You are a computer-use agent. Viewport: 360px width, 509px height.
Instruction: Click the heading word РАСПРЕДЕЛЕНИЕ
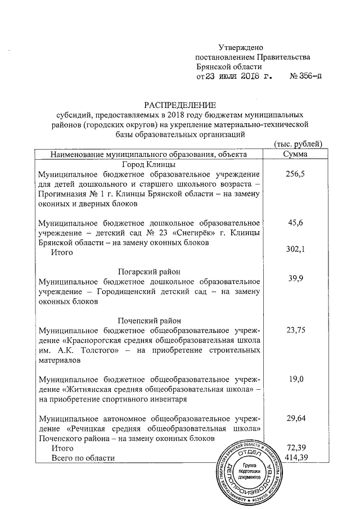click(x=180, y=105)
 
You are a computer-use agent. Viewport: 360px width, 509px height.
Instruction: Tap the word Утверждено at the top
click(x=241, y=47)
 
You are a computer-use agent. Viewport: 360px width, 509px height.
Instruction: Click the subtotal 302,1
click(x=295, y=250)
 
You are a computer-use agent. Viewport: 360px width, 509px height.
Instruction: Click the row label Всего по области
click(x=83, y=458)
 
